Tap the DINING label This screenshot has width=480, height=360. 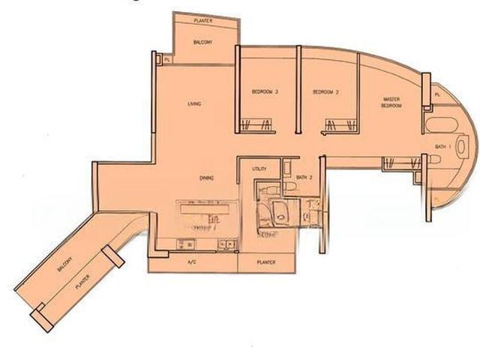(x=207, y=178)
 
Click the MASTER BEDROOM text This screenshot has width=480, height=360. (x=391, y=102)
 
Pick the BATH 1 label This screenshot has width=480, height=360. (x=443, y=146)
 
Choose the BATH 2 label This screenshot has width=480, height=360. (x=304, y=178)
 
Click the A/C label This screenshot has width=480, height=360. (x=191, y=262)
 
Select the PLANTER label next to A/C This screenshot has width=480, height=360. (x=265, y=262)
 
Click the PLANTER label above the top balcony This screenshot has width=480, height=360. (x=202, y=20)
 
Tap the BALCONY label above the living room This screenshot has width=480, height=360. (x=202, y=42)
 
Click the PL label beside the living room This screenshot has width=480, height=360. (x=166, y=58)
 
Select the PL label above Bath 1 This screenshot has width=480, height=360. (x=438, y=94)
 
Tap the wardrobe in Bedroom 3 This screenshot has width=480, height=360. (x=255, y=126)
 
